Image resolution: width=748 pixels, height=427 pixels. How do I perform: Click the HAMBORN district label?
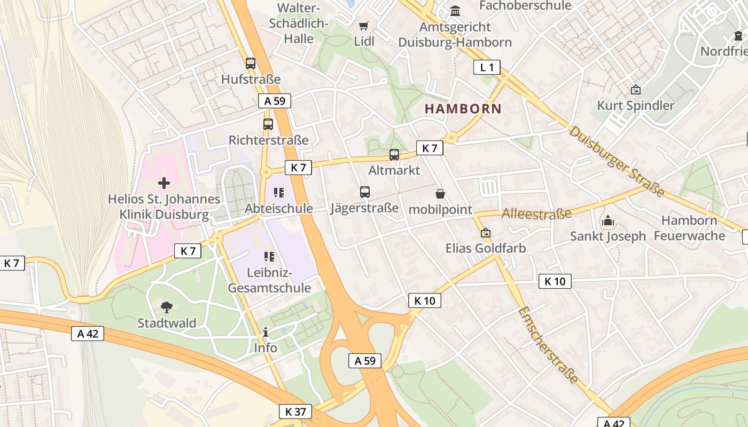coord(463,109)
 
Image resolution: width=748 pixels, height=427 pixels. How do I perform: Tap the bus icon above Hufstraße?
coord(251,64)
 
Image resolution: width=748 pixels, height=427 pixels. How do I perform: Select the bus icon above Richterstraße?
coord(268,124)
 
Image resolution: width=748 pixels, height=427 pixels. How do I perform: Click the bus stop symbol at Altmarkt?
coord(394,155)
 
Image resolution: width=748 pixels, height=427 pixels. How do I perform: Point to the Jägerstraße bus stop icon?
coord(365,192)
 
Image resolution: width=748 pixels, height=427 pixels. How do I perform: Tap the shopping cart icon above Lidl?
coord(364,26)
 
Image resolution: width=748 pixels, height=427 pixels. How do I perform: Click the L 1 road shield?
coord(487,67)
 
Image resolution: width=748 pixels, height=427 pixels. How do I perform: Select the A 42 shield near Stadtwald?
coord(88,334)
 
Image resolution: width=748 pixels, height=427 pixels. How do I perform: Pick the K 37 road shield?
coord(295,412)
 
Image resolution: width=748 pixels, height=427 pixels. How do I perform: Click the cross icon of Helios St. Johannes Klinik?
coord(164,183)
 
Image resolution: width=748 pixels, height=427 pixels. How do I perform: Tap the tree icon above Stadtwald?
coord(167,307)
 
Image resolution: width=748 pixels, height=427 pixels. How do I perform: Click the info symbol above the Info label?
coord(266,333)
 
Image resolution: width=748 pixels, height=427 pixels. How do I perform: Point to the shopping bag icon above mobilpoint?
coord(440,193)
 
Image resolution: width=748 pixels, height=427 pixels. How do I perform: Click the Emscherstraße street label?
coord(549,345)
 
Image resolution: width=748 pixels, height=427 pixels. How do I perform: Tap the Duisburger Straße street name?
coord(617,161)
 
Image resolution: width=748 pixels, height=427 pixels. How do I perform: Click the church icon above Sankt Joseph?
coord(608,220)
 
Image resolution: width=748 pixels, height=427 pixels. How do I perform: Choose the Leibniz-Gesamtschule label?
coord(269,281)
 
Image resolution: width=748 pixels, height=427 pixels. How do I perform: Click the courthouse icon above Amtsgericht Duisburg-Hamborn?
coord(455,11)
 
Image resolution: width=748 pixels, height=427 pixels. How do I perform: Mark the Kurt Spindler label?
coord(636,106)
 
